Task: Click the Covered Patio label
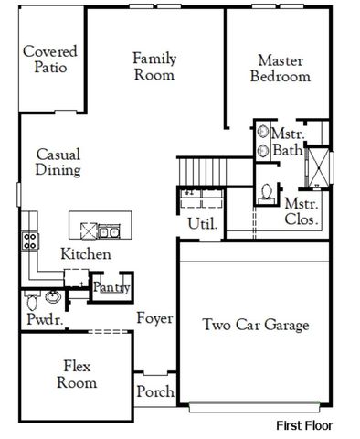point(50,59)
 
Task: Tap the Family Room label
point(154,66)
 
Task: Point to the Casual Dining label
point(58,163)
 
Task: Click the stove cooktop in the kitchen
point(29,241)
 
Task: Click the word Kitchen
point(86,254)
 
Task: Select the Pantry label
point(111,288)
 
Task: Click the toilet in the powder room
point(31,299)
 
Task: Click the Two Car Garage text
point(255,325)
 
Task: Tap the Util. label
point(200,222)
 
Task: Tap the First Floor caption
point(305,425)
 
